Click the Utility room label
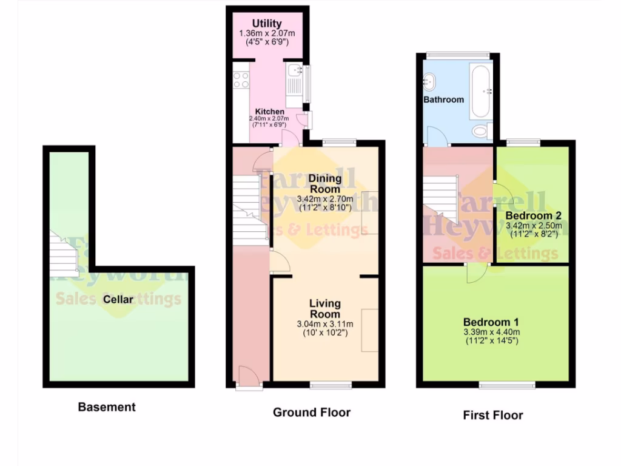coord(267,24)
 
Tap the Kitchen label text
coord(269,112)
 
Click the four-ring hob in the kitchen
coord(241,79)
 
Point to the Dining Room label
coord(325,184)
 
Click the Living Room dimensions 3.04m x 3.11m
coord(325,324)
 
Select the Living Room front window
coord(331,385)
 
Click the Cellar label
coord(118,299)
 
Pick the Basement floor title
coord(107,407)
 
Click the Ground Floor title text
coord(311,413)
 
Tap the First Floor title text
coord(492,416)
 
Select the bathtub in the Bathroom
coord(478,92)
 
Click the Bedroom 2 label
coord(533,215)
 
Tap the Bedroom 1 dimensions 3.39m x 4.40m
coord(491,332)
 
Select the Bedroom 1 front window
coord(507,385)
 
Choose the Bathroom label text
coord(443,100)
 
